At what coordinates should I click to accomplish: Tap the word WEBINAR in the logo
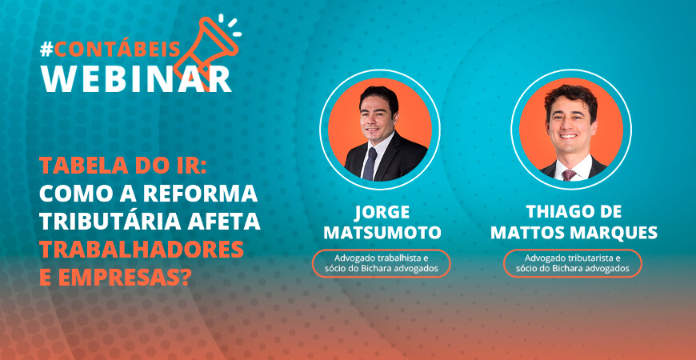click(x=136, y=78)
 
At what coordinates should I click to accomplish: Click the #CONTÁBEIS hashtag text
click(x=110, y=50)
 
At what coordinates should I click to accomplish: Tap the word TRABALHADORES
click(x=142, y=249)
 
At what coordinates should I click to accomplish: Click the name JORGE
click(x=382, y=213)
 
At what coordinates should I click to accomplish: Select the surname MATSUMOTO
click(x=382, y=232)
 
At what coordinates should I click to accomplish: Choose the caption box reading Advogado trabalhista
click(x=382, y=263)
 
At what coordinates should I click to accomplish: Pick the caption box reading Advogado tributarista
click(x=573, y=263)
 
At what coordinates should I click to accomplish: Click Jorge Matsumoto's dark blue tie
click(x=370, y=164)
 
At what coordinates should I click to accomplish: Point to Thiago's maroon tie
click(x=569, y=175)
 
